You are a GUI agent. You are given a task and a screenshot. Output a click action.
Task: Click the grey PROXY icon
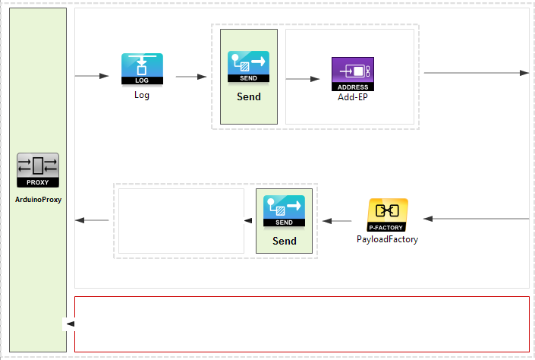pos(37,171)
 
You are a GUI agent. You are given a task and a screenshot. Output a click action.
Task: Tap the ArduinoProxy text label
pos(38,200)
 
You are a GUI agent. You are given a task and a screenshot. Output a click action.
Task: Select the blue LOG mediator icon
pos(142,69)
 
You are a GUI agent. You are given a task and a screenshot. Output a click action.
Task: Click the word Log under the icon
pos(142,95)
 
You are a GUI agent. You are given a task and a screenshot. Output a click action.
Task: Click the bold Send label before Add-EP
pos(248,96)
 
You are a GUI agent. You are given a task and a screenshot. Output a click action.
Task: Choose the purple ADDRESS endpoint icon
pos(352,73)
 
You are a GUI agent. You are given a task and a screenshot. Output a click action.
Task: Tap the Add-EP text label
pos(353,98)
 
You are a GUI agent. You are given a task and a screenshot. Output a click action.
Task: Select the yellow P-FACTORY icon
pos(387,215)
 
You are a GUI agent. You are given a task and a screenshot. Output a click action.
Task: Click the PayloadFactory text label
pos(387,239)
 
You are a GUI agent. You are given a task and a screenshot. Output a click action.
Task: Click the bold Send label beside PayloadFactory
pos(284,241)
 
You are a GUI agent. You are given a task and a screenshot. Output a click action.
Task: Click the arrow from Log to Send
pos(191,76)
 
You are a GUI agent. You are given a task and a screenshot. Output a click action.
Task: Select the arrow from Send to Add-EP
pos(304,78)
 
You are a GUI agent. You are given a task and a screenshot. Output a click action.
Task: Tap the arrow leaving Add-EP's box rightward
pos(476,73)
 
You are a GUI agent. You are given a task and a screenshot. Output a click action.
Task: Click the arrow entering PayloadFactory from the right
pos(476,219)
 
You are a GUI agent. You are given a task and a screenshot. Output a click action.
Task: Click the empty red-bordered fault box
pos(304,324)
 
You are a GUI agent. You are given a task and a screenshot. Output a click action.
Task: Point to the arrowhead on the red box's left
pos(70,324)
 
